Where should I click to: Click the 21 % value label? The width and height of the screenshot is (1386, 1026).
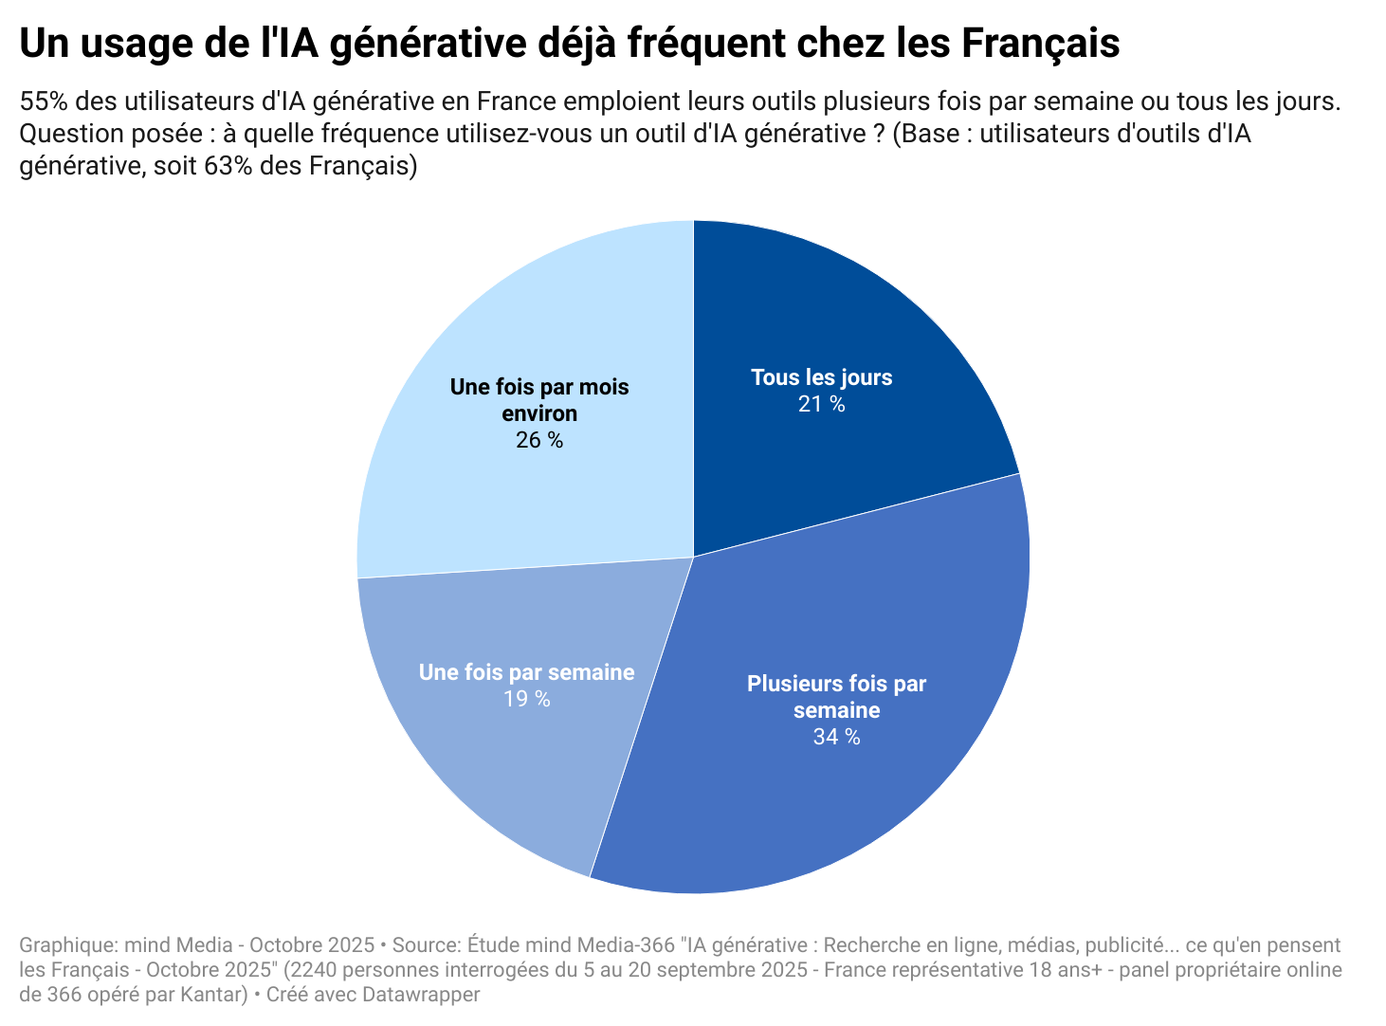point(821,405)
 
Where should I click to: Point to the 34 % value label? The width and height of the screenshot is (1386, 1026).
point(836,737)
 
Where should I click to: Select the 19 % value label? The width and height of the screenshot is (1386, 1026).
point(526,699)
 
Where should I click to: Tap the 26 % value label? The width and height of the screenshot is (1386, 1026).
point(538,440)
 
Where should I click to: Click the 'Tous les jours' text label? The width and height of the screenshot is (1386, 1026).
point(821,377)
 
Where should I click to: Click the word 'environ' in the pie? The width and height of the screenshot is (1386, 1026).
point(538,413)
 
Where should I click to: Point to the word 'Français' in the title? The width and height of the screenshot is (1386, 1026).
point(1040,44)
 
